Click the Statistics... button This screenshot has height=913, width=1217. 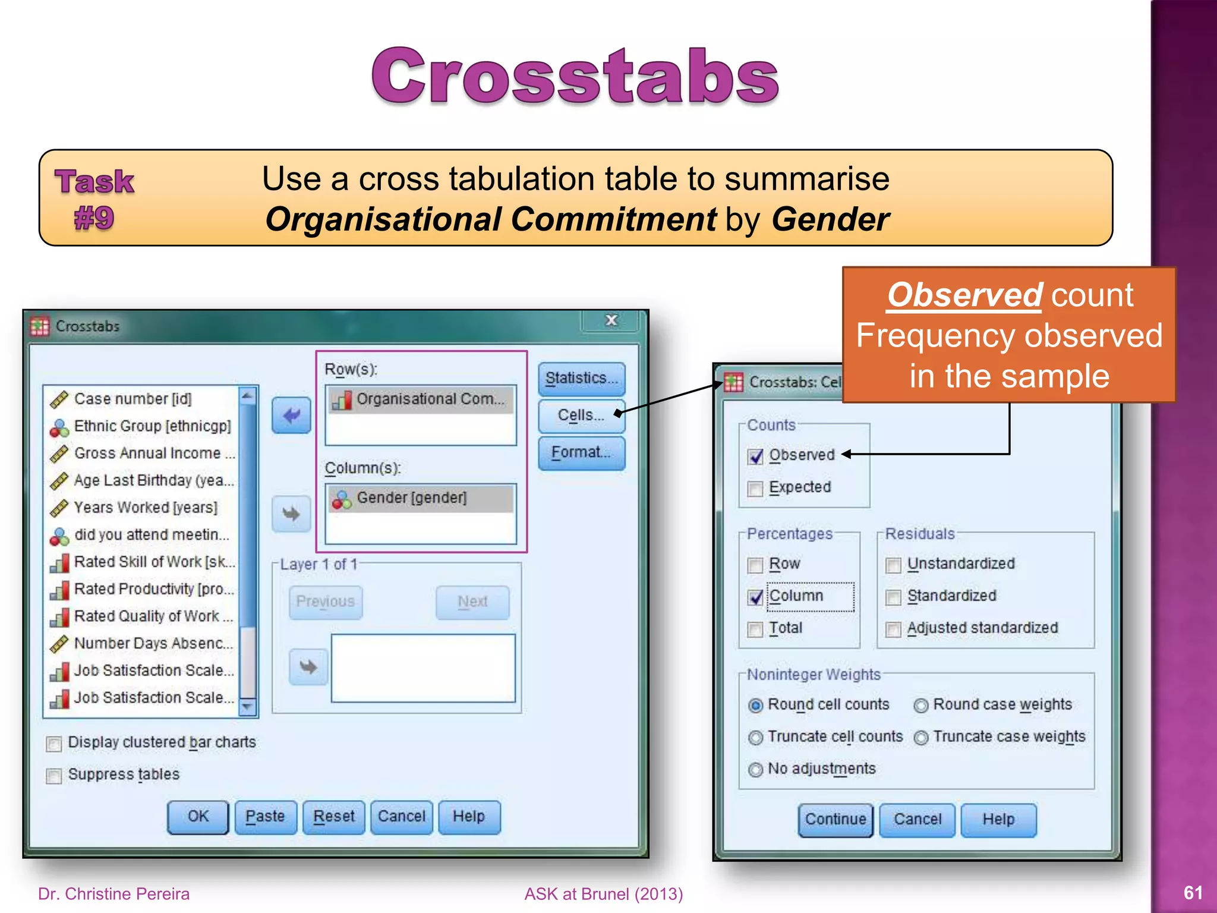pyautogui.click(x=581, y=379)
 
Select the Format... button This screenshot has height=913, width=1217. pyautogui.click(x=581, y=453)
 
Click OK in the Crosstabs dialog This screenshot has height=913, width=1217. pyautogui.click(x=198, y=817)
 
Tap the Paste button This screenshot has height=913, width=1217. pyautogui.click(x=265, y=817)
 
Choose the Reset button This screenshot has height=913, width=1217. pyautogui.click(x=333, y=817)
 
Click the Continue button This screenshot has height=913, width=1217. pyautogui.click(x=835, y=820)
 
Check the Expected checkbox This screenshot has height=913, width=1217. pyautogui.click(x=755, y=489)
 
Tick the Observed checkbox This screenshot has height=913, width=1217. pyautogui.click(x=755, y=456)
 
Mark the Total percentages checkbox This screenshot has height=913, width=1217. pyautogui.click(x=755, y=629)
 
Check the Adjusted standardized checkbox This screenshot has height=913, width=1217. pyautogui.click(x=893, y=629)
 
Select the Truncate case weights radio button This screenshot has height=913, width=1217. pyautogui.click(x=921, y=738)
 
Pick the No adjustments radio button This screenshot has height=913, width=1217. pyautogui.click(x=755, y=770)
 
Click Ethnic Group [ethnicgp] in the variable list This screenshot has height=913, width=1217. pyautogui.click(x=152, y=426)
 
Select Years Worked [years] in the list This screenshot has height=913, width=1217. pyautogui.click(x=145, y=508)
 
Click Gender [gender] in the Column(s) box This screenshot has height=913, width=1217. pyautogui.click(x=411, y=498)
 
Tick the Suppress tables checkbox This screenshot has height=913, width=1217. pyautogui.click(x=54, y=776)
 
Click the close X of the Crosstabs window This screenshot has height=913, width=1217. pyautogui.click(x=611, y=321)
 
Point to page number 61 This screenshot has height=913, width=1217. pyautogui.click(x=1193, y=893)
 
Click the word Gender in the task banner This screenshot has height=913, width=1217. pyautogui.click(x=830, y=219)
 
